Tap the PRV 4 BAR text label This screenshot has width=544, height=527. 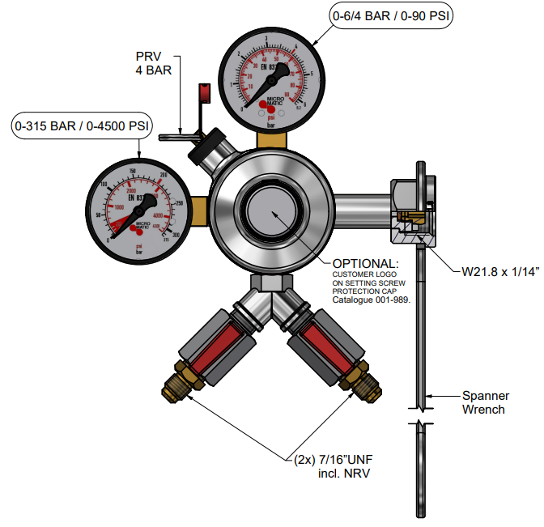[x=153, y=64]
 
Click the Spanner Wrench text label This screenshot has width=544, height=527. [x=485, y=402]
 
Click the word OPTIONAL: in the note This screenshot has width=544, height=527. [x=366, y=264]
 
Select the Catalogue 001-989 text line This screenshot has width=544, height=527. [x=372, y=300]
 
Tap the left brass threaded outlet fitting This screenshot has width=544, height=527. [x=175, y=385]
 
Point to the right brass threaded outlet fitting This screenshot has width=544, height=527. [x=359, y=385]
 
